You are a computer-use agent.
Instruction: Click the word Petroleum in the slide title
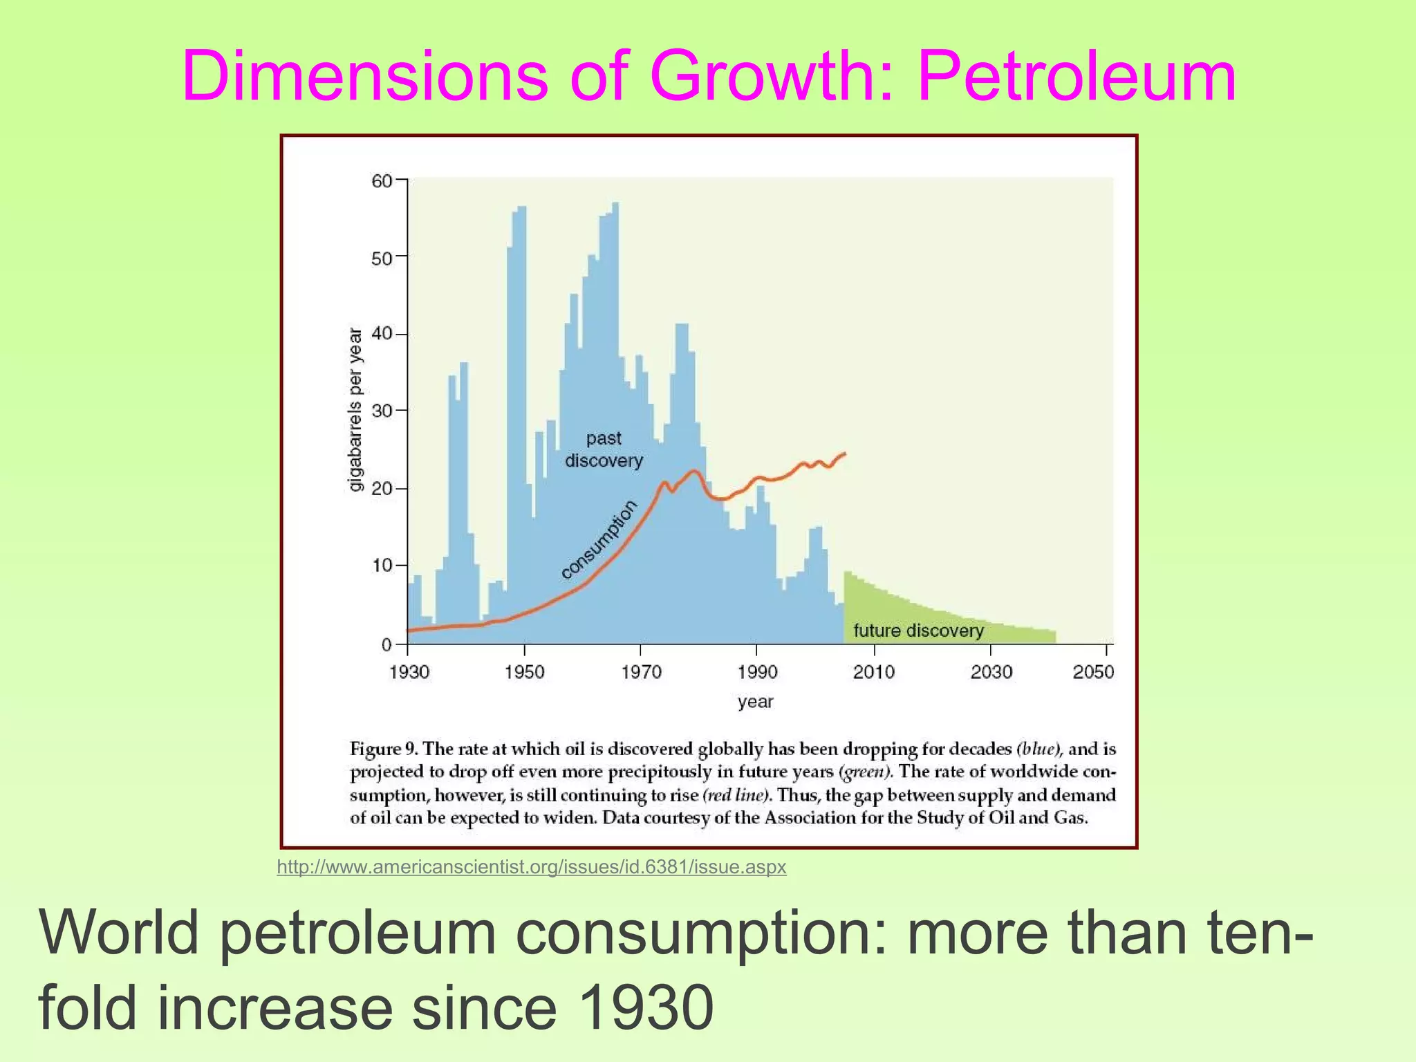1076,76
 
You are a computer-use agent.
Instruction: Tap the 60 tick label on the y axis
382,181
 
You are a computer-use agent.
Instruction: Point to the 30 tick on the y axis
382,411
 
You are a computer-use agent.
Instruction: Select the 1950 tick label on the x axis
524,672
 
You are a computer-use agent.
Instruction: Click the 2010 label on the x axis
874,672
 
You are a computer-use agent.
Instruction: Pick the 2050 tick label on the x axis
1093,672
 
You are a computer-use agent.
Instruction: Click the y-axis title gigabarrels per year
355,409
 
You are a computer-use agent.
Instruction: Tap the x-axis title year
755,702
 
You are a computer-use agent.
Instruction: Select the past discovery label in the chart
604,449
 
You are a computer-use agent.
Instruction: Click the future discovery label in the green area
918,631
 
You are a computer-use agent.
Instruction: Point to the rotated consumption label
599,540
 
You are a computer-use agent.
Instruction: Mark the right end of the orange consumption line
845,454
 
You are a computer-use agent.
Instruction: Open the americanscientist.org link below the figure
531,867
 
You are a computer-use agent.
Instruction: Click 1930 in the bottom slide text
644,1008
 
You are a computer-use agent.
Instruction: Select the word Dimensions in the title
364,76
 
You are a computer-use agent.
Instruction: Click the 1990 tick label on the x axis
757,672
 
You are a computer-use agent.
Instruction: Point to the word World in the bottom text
120,933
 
